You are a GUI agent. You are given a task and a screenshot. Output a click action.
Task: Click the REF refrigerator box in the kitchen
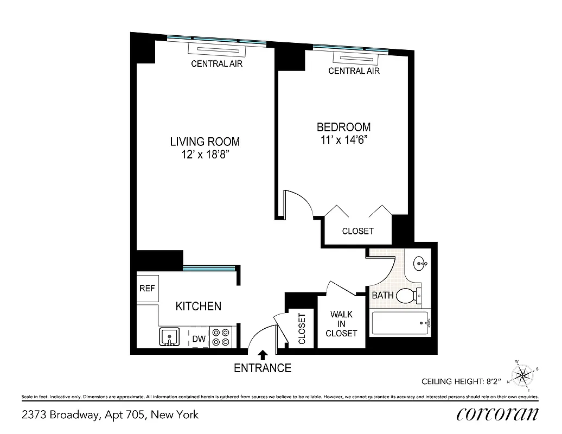click(147, 289)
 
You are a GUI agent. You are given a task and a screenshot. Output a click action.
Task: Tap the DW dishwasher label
click(199, 339)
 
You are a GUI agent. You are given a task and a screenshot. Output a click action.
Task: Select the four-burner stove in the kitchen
click(221, 337)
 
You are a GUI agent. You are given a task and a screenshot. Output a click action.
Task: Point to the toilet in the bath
click(408, 296)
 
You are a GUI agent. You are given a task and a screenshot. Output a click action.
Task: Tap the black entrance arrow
click(263, 355)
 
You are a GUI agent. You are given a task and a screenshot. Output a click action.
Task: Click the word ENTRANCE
click(263, 368)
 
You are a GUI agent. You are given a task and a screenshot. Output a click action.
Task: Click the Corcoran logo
click(497, 414)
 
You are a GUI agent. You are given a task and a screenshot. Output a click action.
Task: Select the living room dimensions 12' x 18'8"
click(205, 155)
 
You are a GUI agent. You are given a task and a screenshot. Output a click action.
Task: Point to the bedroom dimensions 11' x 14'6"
click(343, 139)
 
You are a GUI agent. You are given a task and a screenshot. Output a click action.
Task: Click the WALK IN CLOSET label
click(341, 324)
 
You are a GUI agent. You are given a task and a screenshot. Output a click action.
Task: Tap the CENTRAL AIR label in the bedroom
click(354, 71)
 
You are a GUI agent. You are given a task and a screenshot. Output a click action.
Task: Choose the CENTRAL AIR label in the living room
click(216, 64)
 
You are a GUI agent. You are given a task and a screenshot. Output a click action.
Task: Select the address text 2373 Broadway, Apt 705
click(110, 415)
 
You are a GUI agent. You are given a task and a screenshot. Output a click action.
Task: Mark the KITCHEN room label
click(198, 307)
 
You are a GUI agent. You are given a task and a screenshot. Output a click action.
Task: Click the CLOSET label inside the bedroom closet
click(357, 231)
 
